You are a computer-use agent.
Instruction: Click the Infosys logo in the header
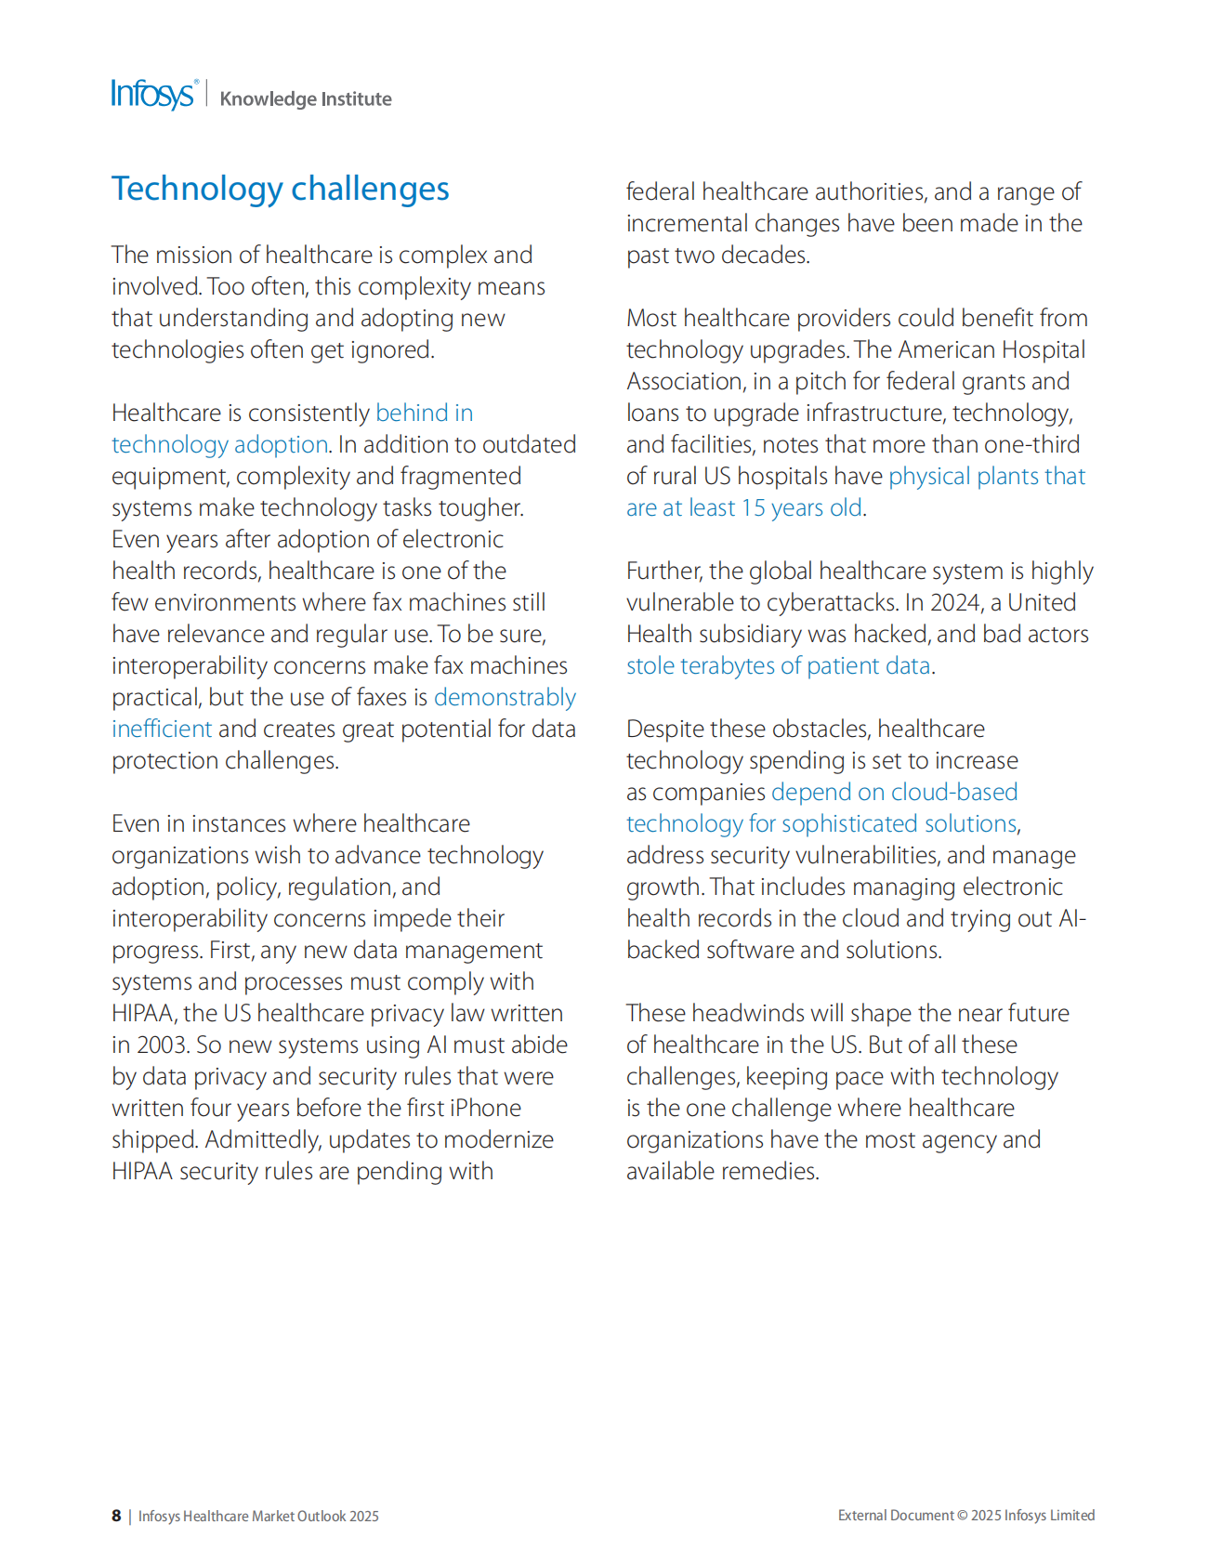153,95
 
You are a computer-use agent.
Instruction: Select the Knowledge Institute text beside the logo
305,99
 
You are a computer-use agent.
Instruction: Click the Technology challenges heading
280,189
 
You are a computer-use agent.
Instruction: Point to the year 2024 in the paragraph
956,603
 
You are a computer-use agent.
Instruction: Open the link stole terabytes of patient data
778,666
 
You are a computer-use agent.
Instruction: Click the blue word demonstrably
505,698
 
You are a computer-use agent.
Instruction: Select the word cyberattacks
817,603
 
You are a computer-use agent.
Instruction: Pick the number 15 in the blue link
753,508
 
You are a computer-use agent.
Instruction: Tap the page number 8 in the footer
116,1516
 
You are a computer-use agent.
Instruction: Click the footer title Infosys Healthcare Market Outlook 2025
258,1517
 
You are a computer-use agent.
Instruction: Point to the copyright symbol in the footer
962,1516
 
